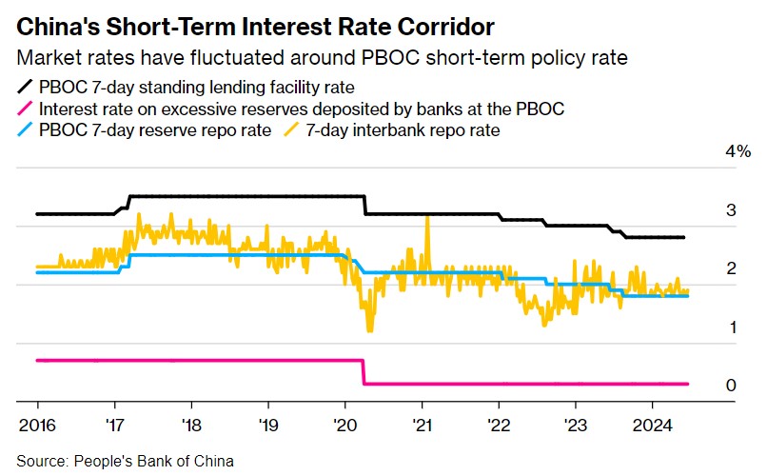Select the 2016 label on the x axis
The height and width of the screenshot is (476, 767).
pyautogui.click(x=37, y=425)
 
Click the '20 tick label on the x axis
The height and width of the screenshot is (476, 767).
pyautogui.click(x=344, y=425)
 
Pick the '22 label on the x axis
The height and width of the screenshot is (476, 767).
pyautogui.click(x=498, y=425)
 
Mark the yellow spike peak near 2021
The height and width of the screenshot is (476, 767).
pyautogui.click(x=427, y=217)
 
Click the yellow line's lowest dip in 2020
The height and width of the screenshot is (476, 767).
pyautogui.click(x=369, y=329)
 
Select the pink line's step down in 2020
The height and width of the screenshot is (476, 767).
pyautogui.click(x=364, y=371)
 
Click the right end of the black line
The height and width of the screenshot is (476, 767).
pyautogui.click(x=685, y=237)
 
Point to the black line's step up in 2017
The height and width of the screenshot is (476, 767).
pyautogui.click(x=125, y=201)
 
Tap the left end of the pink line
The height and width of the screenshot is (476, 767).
pyautogui.click(x=37, y=360)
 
